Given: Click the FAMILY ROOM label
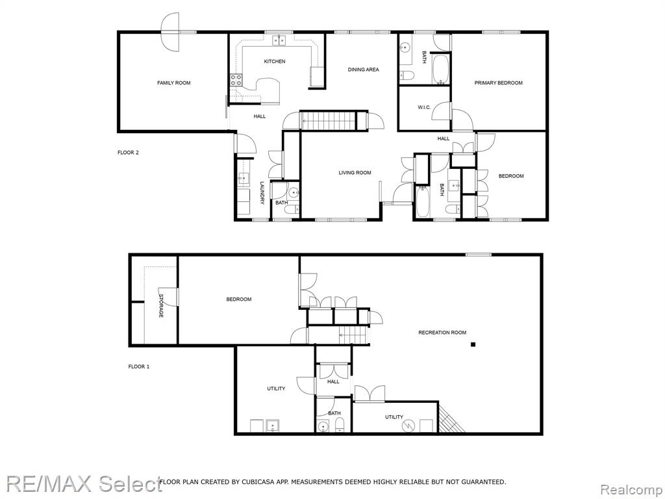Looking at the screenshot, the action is tap(173, 83).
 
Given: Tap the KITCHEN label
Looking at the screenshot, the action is tap(275, 62).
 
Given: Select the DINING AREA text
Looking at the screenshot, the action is tap(363, 70).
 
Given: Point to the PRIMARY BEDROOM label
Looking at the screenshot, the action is tap(498, 83).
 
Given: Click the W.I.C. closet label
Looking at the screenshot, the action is tap(423, 107).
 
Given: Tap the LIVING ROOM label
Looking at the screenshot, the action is tap(355, 173).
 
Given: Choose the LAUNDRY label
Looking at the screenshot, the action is tap(262, 193).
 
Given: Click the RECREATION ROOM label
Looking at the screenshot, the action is tap(442, 333).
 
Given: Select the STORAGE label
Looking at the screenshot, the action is tap(161, 305).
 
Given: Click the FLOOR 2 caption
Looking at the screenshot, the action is tap(128, 153).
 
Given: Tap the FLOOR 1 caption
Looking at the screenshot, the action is tap(139, 366).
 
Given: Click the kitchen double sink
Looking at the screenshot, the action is tap(279, 40).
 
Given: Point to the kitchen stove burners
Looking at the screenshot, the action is tap(236, 80).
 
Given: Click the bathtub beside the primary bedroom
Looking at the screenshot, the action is tap(440, 69).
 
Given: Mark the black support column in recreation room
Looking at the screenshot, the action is tap(473, 344).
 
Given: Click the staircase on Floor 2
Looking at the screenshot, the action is tap(327, 120).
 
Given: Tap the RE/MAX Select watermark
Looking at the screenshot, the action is tap(84, 483).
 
